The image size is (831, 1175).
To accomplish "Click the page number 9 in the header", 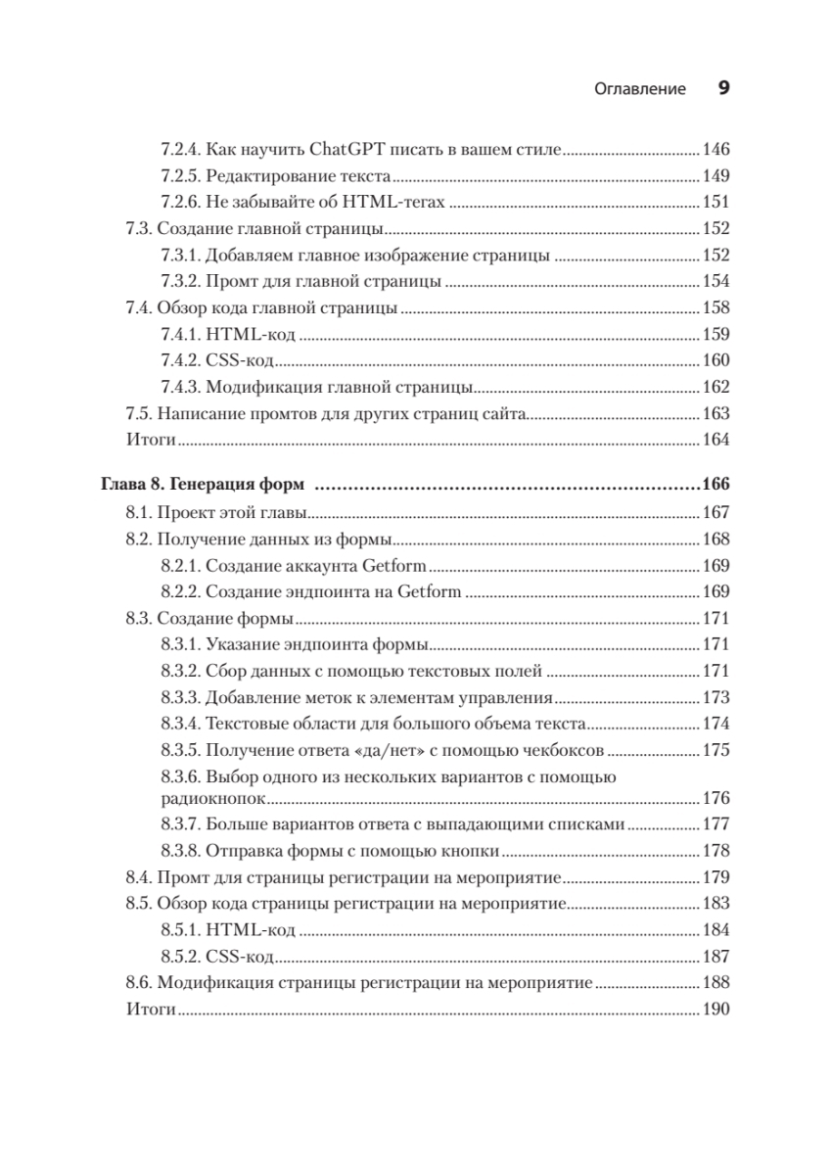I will [x=724, y=88].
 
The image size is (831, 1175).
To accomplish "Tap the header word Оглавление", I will [x=640, y=89].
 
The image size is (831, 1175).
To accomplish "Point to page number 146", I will [x=716, y=151].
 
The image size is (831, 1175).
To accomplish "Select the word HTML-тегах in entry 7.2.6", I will [x=400, y=203].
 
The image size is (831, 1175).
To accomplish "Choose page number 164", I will [x=716, y=440].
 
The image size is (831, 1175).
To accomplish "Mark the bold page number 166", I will [x=716, y=485].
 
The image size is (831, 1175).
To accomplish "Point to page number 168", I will [x=716, y=540].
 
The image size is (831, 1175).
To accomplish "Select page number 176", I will [x=716, y=798].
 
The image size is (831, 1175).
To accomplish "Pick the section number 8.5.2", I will [x=181, y=956].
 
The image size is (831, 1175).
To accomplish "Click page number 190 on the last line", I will [x=716, y=1009].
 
